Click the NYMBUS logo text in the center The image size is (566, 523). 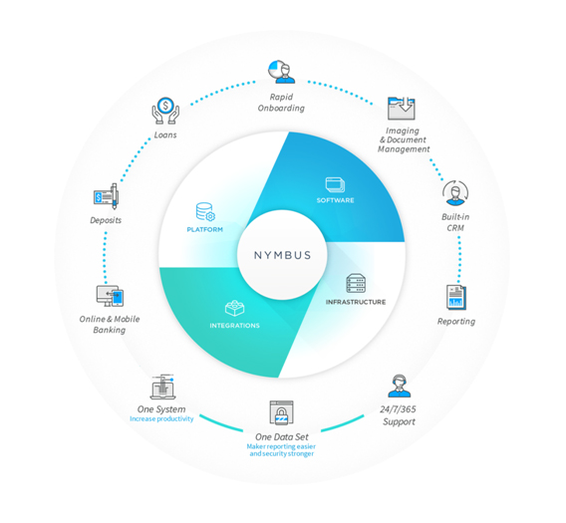[282, 255]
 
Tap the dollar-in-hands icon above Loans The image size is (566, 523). [165, 111]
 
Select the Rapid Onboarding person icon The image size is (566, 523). [282, 72]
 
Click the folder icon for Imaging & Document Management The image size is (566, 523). [401, 109]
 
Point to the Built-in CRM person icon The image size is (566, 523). [455, 193]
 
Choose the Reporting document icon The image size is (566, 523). [456, 298]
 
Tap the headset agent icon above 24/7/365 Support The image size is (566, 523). [400, 386]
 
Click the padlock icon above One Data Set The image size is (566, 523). [282, 412]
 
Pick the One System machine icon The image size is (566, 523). [162, 387]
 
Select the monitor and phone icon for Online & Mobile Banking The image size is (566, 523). [110, 296]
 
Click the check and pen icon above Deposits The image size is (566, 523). [106, 196]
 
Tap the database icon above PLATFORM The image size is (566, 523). [205, 211]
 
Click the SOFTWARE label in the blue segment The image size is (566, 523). [336, 200]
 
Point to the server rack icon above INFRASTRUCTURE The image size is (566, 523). [356, 283]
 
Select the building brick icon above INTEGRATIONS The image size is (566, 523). [234, 308]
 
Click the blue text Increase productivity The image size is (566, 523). [161, 419]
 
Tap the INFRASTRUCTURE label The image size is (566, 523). [356, 302]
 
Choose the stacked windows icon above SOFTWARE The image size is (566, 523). [335, 185]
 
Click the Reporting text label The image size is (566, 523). [456, 322]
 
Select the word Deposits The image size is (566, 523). [106, 220]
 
